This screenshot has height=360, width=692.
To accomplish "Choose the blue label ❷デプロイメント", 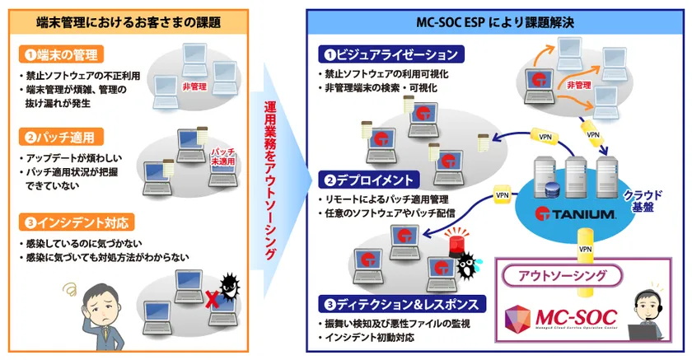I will tap(372, 178).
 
